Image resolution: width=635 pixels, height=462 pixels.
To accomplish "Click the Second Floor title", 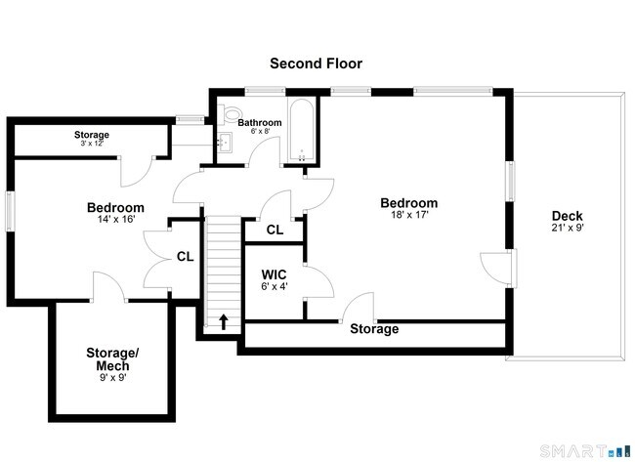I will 317,63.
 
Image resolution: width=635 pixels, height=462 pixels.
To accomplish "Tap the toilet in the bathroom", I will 231,114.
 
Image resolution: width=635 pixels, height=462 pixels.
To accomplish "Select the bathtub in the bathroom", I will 302,131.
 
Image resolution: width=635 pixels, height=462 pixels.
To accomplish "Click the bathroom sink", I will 224,145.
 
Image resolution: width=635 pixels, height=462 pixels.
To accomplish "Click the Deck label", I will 568,216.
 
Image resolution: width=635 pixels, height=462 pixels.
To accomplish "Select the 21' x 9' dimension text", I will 568,228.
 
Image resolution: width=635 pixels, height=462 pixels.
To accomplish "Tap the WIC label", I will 274,275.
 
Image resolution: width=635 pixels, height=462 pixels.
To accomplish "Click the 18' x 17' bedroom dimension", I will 408,215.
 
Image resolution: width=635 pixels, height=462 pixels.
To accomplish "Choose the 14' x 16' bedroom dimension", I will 115,220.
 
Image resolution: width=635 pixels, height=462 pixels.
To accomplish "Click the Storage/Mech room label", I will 113,358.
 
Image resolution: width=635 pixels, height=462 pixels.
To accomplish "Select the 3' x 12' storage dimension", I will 91,144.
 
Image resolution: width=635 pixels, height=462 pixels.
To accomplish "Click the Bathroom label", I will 260,122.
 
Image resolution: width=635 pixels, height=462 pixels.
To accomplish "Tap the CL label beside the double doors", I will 185,257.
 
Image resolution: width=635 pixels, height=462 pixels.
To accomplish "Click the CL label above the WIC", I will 275,231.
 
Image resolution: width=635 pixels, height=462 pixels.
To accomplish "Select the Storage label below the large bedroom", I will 374,329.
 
